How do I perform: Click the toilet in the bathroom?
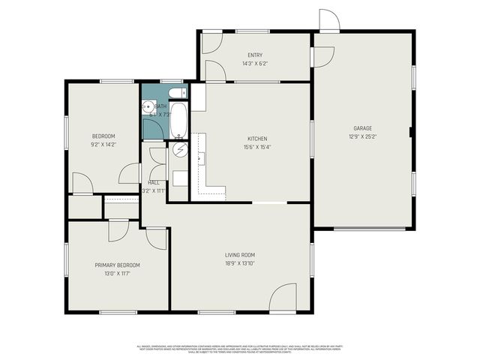176,93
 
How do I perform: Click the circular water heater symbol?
179,150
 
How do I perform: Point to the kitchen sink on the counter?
199,158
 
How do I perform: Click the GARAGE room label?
363,128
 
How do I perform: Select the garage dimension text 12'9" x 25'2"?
363,137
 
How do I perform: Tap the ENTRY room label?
255,55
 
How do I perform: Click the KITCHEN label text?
257,139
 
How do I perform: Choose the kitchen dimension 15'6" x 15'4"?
257,148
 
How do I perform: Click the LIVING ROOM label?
240,255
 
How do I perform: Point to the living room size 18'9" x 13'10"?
240,264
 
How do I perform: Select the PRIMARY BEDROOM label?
117,265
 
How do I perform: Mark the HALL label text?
154,182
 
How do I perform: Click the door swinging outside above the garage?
328,20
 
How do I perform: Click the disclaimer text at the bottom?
240,349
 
